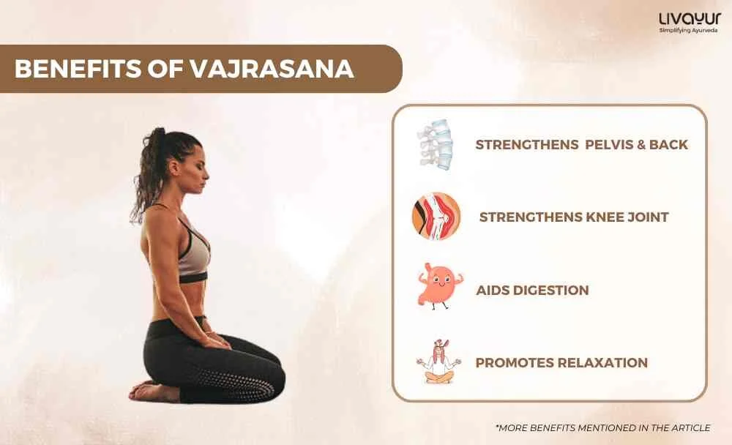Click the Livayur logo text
[690, 20]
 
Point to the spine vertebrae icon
[436, 143]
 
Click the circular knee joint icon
[436, 217]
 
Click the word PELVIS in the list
[608, 144]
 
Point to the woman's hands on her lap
[215, 340]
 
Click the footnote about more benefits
[602, 427]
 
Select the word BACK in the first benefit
[668, 144]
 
